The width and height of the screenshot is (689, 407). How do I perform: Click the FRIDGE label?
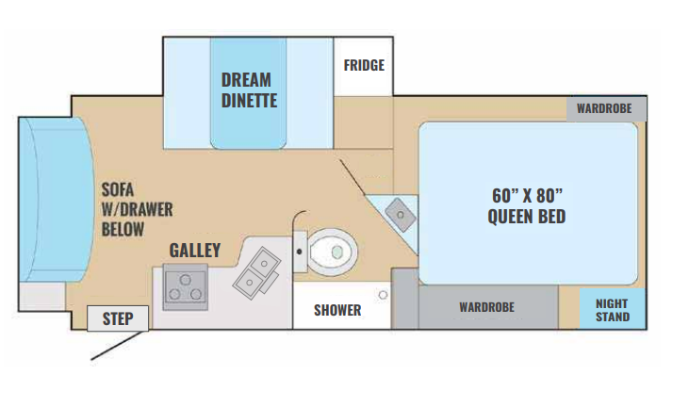point(364,65)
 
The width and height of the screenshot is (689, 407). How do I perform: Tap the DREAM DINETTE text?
point(249,90)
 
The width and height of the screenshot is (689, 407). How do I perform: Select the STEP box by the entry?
point(118,318)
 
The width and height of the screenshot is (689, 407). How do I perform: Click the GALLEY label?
point(195,251)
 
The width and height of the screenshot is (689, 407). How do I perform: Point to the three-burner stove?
point(185,286)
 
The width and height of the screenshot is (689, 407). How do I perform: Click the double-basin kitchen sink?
point(257,272)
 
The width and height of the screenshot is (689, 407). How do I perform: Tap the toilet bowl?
point(332,252)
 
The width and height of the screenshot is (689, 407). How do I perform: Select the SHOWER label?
point(337,310)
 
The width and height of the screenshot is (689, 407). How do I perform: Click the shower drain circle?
point(384,295)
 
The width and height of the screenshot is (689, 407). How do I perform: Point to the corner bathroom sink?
point(401,215)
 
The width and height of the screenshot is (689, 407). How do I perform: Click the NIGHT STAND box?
point(613,309)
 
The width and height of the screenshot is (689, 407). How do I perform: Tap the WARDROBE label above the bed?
point(604,108)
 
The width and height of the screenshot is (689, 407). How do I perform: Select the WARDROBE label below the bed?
point(487,307)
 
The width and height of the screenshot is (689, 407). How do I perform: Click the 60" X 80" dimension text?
point(527,196)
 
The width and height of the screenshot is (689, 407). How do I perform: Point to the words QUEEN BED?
point(527,216)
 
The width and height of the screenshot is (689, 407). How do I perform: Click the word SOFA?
point(117,189)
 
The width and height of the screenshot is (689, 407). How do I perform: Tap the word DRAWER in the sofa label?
point(144,209)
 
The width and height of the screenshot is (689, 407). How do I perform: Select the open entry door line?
point(118,346)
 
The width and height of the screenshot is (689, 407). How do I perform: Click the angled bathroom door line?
point(353,177)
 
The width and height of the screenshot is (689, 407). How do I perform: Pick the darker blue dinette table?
point(248,93)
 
